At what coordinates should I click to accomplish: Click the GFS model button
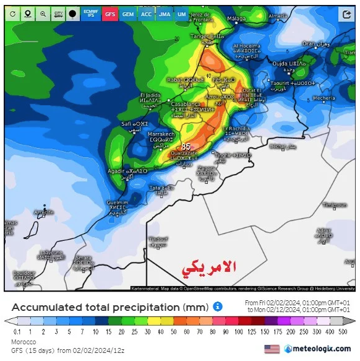tap(110, 13)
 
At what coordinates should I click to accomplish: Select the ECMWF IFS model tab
tap(92, 13)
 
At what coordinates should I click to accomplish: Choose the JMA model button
tap(164, 13)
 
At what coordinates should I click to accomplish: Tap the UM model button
tap(181, 13)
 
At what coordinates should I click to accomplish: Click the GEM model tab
tap(128, 13)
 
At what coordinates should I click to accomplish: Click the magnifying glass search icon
tap(43, 13)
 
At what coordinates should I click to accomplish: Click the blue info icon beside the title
tap(218, 307)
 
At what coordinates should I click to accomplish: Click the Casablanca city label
tap(186, 105)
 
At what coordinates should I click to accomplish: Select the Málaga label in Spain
tap(237, 19)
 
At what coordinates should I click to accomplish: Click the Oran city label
tap(308, 44)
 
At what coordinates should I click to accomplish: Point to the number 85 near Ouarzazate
tap(186, 147)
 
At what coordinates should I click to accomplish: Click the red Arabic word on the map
tap(210, 267)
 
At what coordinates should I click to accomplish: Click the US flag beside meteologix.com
tap(272, 349)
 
